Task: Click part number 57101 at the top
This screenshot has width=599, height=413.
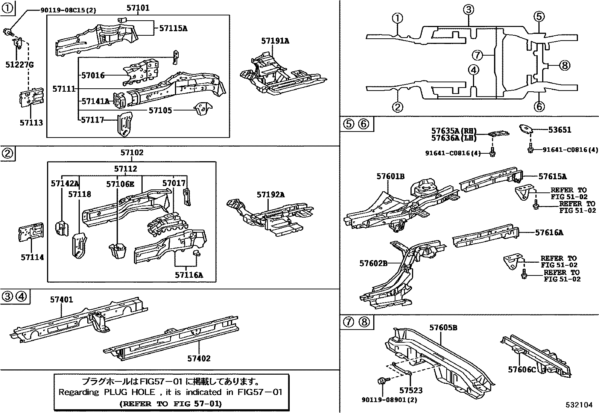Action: tap(138, 8)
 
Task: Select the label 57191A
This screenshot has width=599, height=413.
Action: tap(275, 41)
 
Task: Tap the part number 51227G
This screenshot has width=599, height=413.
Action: tap(20, 65)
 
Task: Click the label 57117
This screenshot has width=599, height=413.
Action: tap(92, 120)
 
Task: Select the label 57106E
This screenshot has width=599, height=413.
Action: tap(120, 184)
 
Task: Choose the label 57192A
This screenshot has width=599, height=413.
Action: tap(271, 194)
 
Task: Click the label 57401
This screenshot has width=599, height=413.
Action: tap(62, 300)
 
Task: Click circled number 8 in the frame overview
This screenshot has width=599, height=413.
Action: tap(564, 65)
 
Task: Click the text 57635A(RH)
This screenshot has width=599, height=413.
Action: tap(454, 131)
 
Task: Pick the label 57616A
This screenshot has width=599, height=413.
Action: tap(549, 233)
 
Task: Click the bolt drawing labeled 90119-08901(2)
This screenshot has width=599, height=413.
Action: tap(380, 381)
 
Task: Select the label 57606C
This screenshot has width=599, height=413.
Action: tap(521, 369)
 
